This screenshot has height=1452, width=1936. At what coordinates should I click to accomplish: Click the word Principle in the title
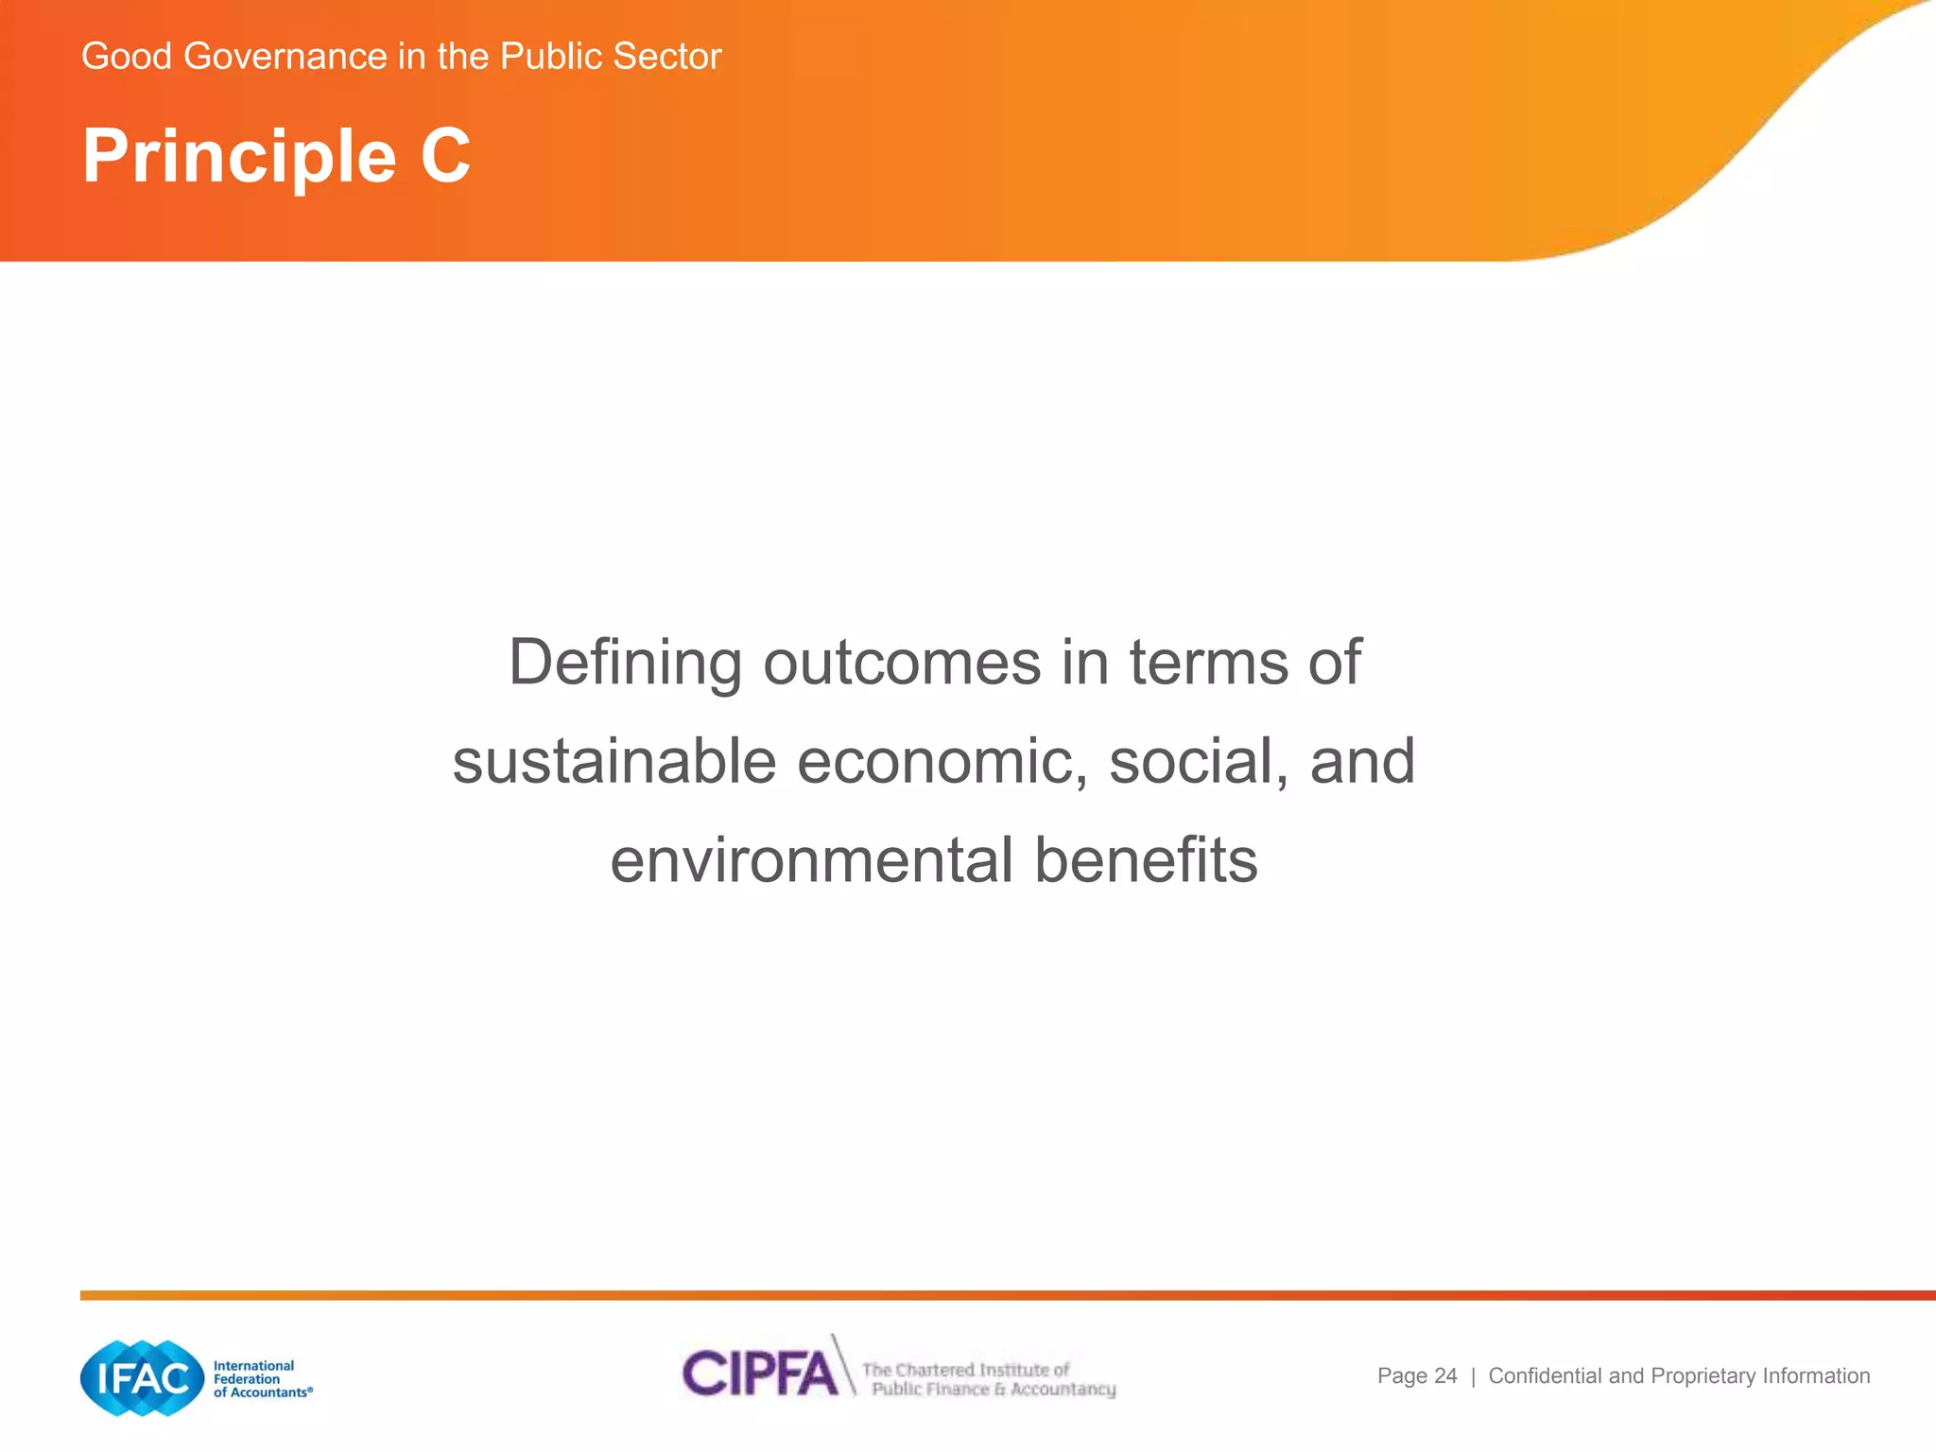click(239, 156)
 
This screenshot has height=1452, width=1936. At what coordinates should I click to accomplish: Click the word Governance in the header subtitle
click(285, 57)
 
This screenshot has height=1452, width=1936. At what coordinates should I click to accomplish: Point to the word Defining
click(625, 663)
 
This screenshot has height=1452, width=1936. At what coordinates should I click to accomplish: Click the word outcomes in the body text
click(902, 663)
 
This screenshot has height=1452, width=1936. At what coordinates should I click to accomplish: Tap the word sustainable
click(614, 761)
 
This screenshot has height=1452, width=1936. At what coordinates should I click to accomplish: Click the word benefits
click(1146, 860)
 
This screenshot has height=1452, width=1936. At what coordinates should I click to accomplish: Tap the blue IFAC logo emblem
click(143, 1377)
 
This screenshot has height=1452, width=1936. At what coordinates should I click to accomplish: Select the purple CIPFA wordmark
click(760, 1373)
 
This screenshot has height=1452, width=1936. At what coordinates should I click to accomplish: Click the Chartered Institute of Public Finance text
click(989, 1379)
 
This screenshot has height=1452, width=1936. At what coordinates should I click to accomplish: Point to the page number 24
click(1445, 1376)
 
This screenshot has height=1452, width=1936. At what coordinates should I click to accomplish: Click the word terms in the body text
click(1209, 663)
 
